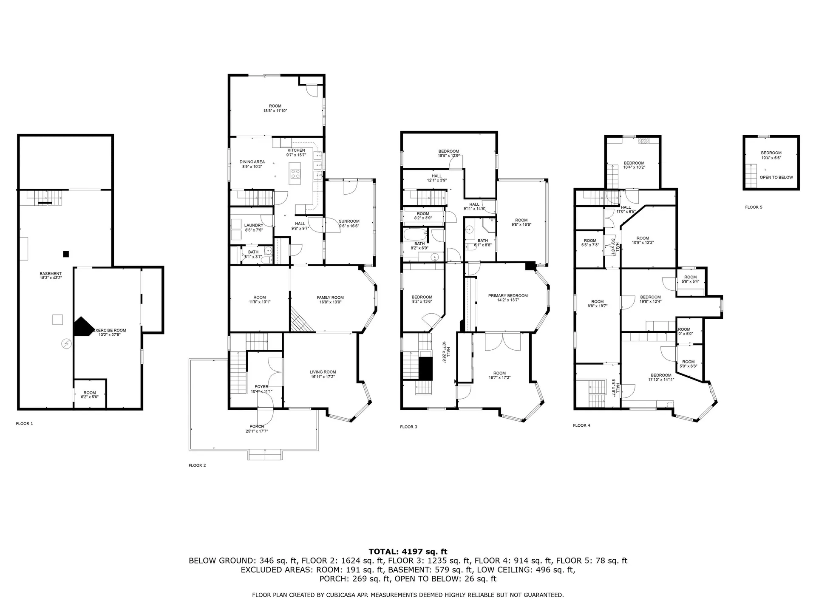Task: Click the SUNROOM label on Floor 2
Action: pyautogui.click(x=349, y=221)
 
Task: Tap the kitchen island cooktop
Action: pyautogui.click(x=295, y=173)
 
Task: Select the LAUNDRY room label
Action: pyautogui.click(x=253, y=225)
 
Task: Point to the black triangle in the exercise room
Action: pyautogui.click(x=82, y=327)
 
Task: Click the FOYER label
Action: pyautogui.click(x=261, y=387)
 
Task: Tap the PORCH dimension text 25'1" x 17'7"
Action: pyautogui.click(x=257, y=431)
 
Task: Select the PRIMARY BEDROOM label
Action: pyautogui.click(x=508, y=295)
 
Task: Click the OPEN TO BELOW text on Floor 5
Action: pyautogui.click(x=776, y=177)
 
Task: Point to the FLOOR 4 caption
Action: pyautogui.click(x=581, y=425)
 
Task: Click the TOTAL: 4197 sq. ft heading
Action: pyautogui.click(x=408, y=552)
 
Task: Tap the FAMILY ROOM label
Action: pyautogui.click(x=330, y=297)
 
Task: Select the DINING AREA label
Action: pyautogui.click(x=252, y=162)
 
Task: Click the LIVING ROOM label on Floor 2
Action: pyautogui.click(x=323, y=372)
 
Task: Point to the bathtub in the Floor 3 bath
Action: pyautogui.click(x=414, y=235)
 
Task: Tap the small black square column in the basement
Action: pyautogui.click(x=66, y=254)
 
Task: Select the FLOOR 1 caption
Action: pyautogui.click(x=24, y=424)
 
